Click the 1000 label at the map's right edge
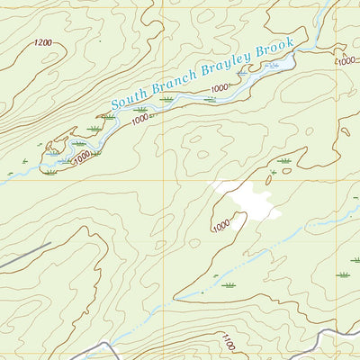coord(347,60)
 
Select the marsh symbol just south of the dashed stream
coord(229,285)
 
